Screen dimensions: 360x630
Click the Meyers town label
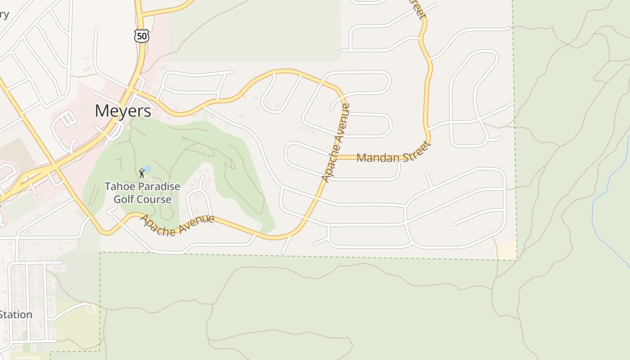coord(123,111)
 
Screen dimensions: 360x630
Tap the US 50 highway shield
coord(142,36)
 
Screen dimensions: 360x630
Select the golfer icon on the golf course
coord(142,172)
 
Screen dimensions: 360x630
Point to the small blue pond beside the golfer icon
coord(148,169)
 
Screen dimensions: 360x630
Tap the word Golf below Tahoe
coord(124,199)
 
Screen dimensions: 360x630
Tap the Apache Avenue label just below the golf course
coord(177,225)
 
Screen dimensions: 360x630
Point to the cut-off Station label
coord(16,315)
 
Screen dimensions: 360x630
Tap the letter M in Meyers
coord(102,111)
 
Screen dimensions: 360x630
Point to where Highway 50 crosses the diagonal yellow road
coord(55,167)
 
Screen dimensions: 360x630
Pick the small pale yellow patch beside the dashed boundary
coord(507,249)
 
